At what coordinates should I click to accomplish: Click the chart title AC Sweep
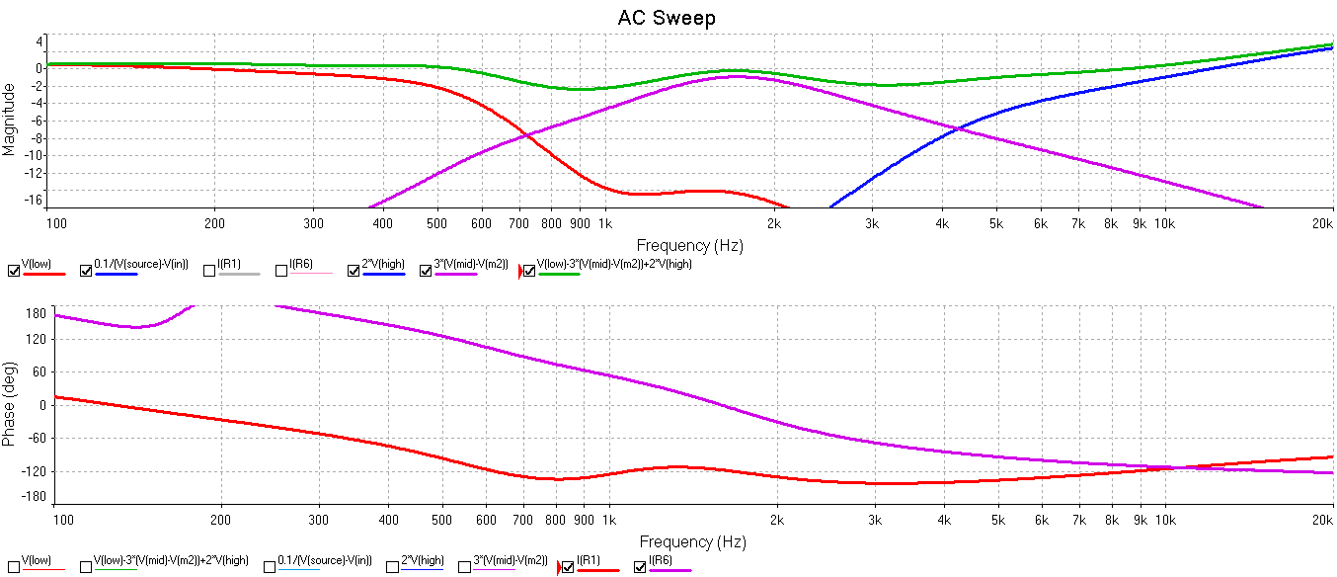(x=667, y=18)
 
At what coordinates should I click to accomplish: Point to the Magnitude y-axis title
(x=10, y=119)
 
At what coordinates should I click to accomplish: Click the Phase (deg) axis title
(x=10, y=403)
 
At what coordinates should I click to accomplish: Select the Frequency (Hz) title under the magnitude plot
(x=689, y=245)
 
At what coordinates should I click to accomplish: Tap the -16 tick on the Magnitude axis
(x=37, y=200)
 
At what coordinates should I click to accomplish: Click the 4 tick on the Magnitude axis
(x=40, y=42)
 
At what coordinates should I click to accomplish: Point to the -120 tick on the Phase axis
(x=33, y=470)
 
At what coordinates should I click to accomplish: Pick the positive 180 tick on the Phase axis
(x=36, y=313)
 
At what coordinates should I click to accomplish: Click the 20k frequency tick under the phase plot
(x=1323, y=518)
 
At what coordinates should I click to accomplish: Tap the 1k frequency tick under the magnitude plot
(x=605, y=223)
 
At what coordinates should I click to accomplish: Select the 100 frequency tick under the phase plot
(x=61, y=518)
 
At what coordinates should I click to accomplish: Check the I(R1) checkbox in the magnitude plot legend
(x=210, y=271)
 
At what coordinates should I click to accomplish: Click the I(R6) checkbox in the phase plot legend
(x=640, y=567)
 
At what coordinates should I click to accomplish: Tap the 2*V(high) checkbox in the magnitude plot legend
(x=354, y=271)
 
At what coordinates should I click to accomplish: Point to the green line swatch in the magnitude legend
(x=558, y=274)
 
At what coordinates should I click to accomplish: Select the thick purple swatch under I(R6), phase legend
(x=669, y=570)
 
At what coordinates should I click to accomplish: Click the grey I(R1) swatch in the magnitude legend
(x=238, y=274)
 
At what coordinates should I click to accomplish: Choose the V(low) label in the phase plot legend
(x=35, y=560)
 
